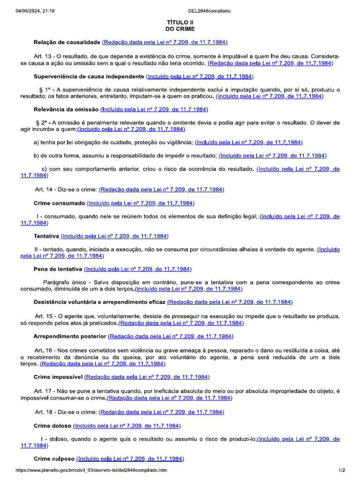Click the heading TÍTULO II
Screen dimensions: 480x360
coord(180,22)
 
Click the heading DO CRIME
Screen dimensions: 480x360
coord(180,29)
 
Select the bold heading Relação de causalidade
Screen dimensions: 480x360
coord(67,42)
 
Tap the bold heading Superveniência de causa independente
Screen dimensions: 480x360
coord(89,76)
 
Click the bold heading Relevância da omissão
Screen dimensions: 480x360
coord(67,109)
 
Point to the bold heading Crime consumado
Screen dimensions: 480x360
coord(60,203)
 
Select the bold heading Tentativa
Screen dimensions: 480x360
coord(46,236)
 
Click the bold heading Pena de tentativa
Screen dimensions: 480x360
coord(58,269)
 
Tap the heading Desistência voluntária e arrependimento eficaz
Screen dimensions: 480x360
coord(99,302)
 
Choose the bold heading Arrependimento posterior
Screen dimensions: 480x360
coord(70,336)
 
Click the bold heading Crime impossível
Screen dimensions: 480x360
coord(58,377)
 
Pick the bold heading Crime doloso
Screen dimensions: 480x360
coord(52,426)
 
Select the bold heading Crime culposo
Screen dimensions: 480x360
coord(54,458)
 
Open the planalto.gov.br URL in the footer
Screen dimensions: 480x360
coord(91,470)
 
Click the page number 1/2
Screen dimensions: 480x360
coord(342,470)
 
